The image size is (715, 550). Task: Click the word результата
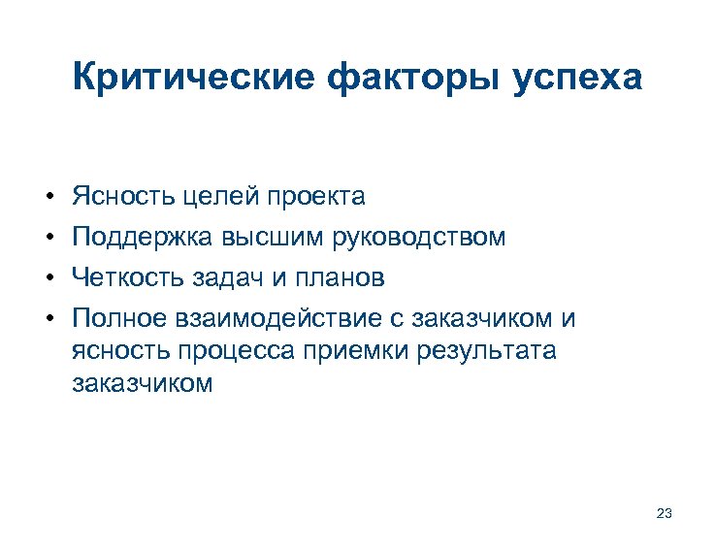click(486, 351)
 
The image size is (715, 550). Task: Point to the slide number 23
click(665, 513)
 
